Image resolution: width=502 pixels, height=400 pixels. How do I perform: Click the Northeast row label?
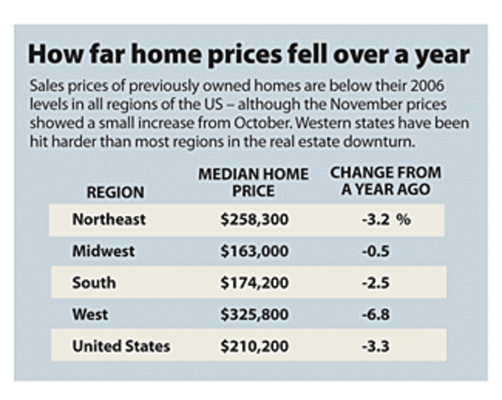[109, 219]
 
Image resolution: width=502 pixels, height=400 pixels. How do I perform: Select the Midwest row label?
[103, 251]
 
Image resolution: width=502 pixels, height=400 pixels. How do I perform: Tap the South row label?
[94, 282]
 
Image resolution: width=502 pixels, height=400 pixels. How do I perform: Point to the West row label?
[90, 314]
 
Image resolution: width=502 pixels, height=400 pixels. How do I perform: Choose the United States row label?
[121, 346]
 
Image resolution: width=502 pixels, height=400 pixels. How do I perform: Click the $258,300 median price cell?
[254, 219]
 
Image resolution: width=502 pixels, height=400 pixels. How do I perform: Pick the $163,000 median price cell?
[254, 251]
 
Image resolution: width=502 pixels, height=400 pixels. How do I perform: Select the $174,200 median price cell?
[254, 283]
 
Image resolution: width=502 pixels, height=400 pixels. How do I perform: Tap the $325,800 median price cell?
[254, 314]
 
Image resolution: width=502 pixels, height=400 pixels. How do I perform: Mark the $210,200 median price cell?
[254, 346]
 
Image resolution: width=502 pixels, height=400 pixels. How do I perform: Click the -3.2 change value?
[376, 219]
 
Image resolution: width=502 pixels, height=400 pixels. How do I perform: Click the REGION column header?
[115, 192]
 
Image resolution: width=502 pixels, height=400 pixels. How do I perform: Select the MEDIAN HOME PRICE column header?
[253, 182]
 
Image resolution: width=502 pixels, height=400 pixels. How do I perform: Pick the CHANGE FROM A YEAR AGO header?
[385, 181]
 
